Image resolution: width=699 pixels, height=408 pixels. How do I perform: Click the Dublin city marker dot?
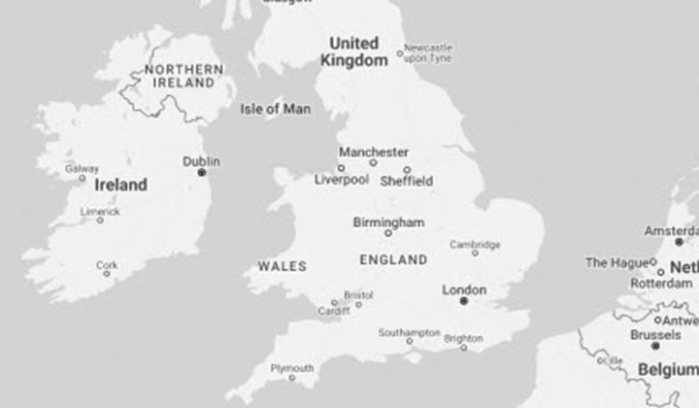pyautogui.click(x=202, y=172)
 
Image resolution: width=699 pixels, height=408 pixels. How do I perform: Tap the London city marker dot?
pyautogui.click(x=464, y=301)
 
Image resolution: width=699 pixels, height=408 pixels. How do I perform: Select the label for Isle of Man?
pyautogui.click(x=276, y=109)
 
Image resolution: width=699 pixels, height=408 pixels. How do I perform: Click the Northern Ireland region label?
pyautogui.click(x=183, y=77)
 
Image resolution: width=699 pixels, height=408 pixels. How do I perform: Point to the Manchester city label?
pyautogui.click(x=374, y=153)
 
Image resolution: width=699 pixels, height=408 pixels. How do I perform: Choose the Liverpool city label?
pyautogui.click(x=342, y=181)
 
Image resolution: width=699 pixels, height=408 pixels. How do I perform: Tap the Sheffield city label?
pyautogui.click(x=406, y=181)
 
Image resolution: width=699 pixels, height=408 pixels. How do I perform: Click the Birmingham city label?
pyautogui.click(x=388, y=221)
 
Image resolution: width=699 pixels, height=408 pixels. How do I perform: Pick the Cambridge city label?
pyautogui.click(x=475, y=244)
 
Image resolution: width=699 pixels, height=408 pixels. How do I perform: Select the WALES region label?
pyautogui.click(x=283, y=265)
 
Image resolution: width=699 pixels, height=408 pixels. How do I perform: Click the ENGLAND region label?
pyautogui.click(x=393, y=260)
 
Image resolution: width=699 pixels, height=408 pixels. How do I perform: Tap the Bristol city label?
pyautogui.click(x=358, y=293)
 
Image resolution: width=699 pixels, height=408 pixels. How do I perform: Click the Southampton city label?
pyautogui.click(x=409, y=332)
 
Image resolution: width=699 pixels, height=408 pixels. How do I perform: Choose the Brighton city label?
pyautogui.click(x=462, y=338)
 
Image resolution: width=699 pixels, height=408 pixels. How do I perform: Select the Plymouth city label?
pyautogui.click(x=291, y=368)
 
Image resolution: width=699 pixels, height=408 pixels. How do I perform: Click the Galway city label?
pyautogui.click(x=82, y=169)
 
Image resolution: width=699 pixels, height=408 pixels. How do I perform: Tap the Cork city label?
pyautogui.click(x=107, y=264)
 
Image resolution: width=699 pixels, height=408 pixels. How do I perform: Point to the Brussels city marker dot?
pyautogui.click(x=655, y=345)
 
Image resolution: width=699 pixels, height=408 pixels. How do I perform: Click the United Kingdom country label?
pyautogui.click(x=354, y=51)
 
